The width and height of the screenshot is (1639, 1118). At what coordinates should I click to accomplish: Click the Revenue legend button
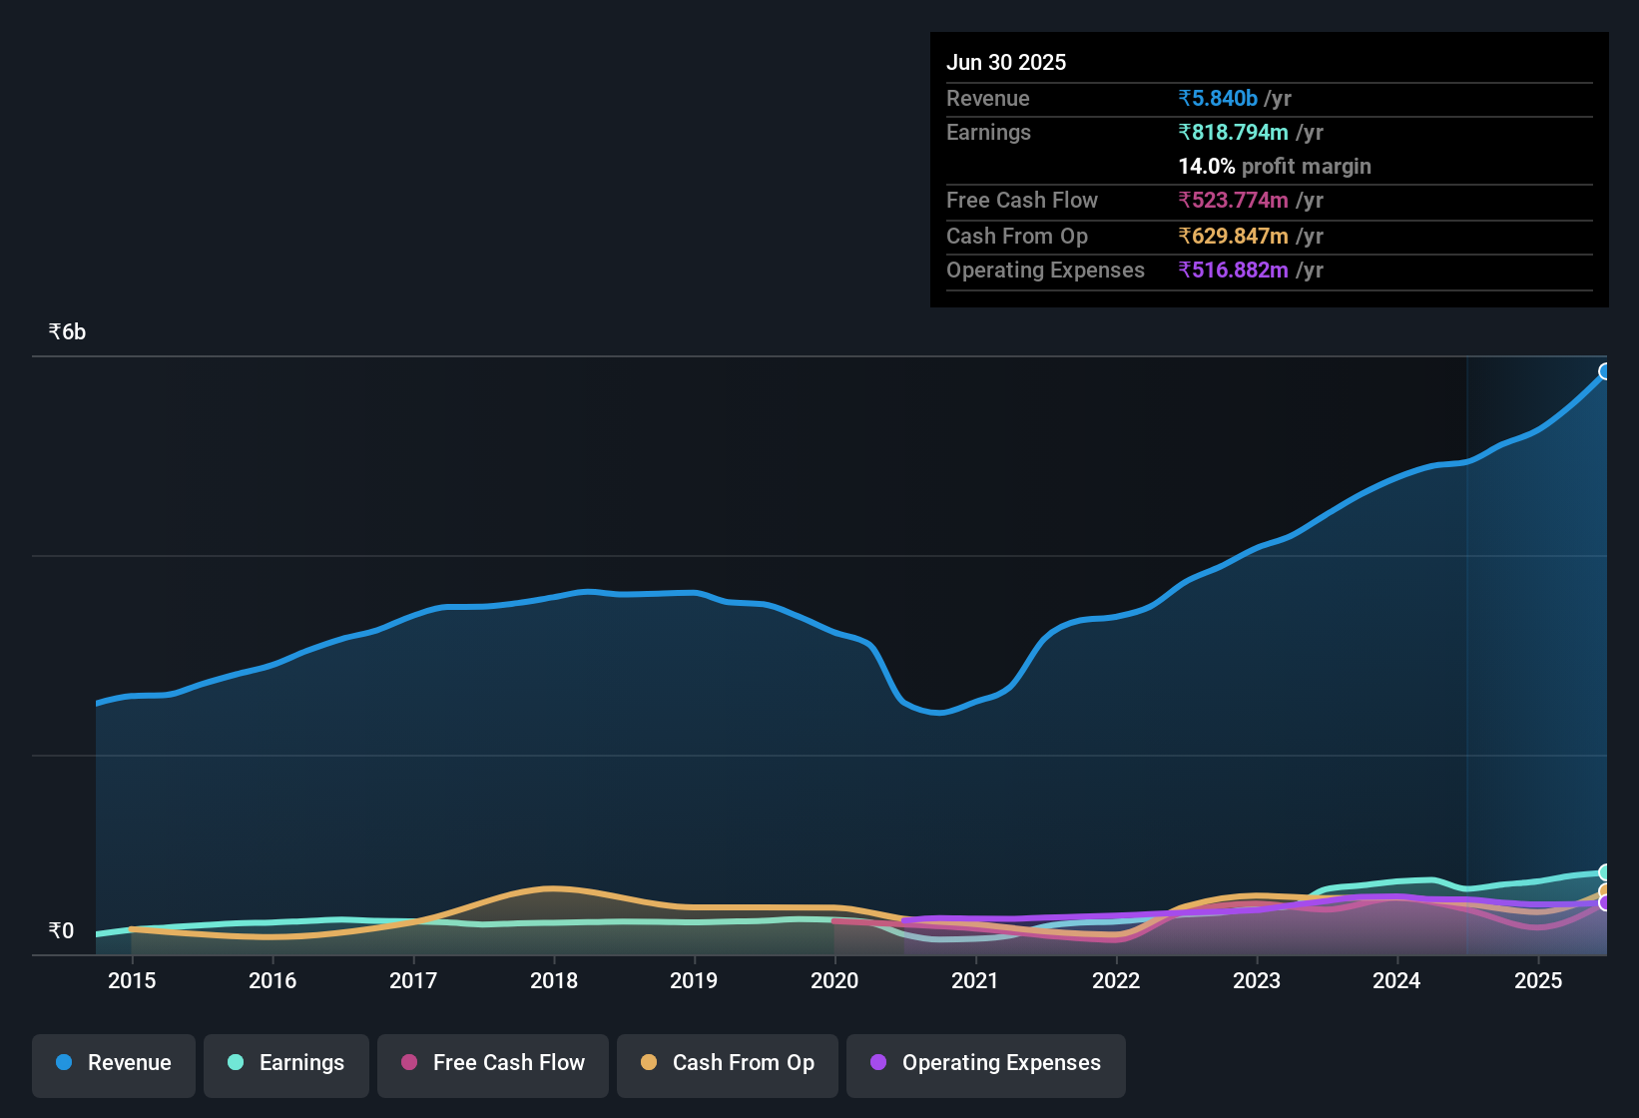[114, 1063]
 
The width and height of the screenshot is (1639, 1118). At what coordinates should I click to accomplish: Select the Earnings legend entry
[286, 1063]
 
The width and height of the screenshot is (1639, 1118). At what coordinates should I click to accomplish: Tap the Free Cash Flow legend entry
[493, 1063]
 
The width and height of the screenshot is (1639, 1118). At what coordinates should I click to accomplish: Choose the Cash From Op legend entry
[728, 1063]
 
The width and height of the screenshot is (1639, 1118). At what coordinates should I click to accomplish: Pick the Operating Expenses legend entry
[986, 1063]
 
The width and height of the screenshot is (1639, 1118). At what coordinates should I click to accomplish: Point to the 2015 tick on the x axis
[132, 980]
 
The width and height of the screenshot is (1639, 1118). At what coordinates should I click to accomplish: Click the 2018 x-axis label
[554, 980]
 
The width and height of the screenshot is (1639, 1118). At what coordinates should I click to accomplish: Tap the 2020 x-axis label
[834, 980]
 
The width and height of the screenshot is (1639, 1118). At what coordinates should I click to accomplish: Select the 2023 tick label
[1257, 980]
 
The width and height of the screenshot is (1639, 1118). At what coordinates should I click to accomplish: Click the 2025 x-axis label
[1538, 980]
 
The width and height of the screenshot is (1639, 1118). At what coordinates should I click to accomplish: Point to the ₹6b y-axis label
[68, 332]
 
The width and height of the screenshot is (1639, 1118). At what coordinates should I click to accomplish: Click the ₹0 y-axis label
[62, 931]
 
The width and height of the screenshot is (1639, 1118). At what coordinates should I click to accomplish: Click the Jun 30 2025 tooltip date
[1006, 63]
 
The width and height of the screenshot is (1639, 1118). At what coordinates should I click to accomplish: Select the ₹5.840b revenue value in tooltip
[1218, 99]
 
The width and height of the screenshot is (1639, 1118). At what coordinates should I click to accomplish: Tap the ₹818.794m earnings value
[1234, 133]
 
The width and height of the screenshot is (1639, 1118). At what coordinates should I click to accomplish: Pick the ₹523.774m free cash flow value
[1234, 201]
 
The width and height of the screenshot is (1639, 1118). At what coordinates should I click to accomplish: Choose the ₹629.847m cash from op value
[1234, 237]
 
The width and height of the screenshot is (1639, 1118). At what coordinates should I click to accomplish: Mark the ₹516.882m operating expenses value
[1234, 271]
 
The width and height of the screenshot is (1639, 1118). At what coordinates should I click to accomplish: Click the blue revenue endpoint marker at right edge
[1605, 371]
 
